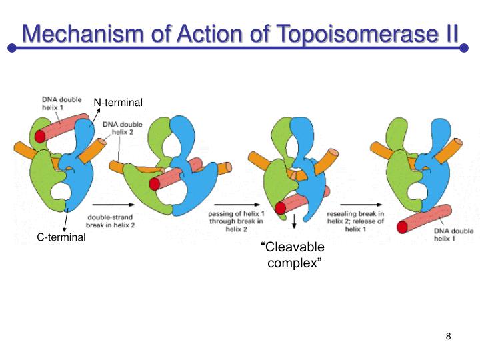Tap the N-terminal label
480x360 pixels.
coord(118,102)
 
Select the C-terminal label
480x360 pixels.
coord(61,237)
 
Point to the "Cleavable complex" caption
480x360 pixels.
coord(293,255)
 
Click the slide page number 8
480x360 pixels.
coord(449,336)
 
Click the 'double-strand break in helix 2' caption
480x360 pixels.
coord(111,221)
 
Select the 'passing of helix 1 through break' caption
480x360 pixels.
coord(235,221)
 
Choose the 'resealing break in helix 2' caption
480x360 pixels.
coord(355,221)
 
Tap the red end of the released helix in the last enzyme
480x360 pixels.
coord(403,227)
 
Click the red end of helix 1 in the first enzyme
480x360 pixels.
coord(41,137)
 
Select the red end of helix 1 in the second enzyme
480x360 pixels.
coord(155,183)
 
